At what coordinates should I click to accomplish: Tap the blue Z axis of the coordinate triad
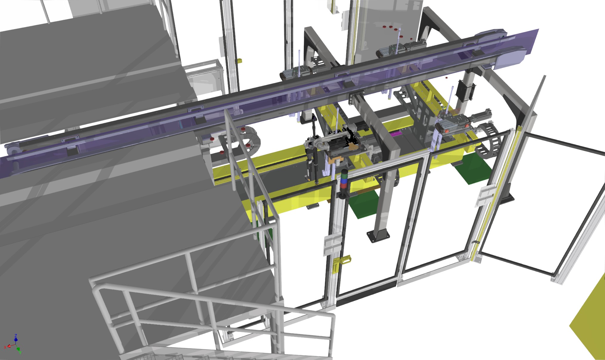16,338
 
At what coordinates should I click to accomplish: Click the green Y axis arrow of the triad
19,350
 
